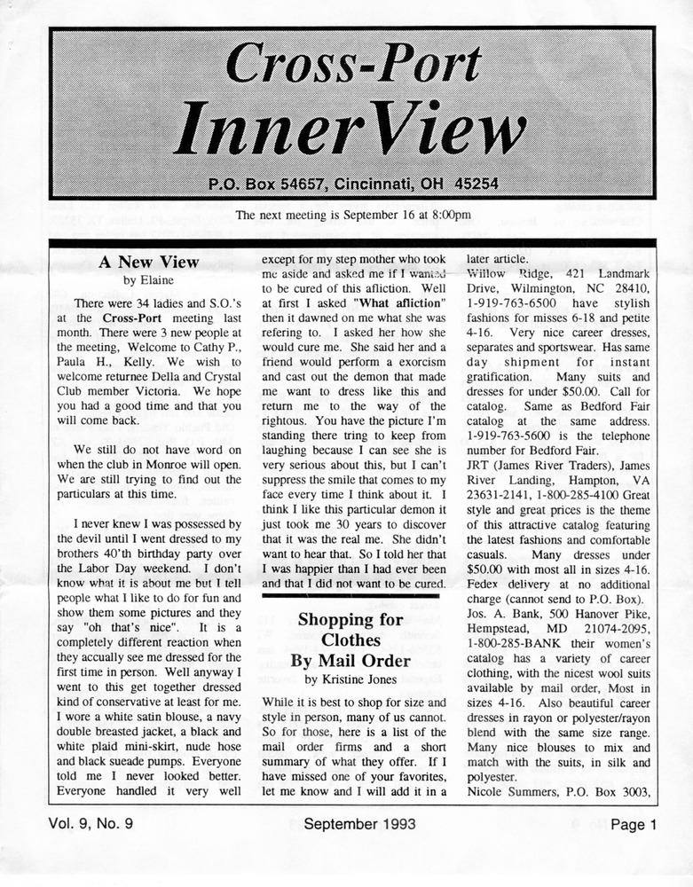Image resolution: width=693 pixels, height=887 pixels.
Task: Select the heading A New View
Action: coord(149,262)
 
